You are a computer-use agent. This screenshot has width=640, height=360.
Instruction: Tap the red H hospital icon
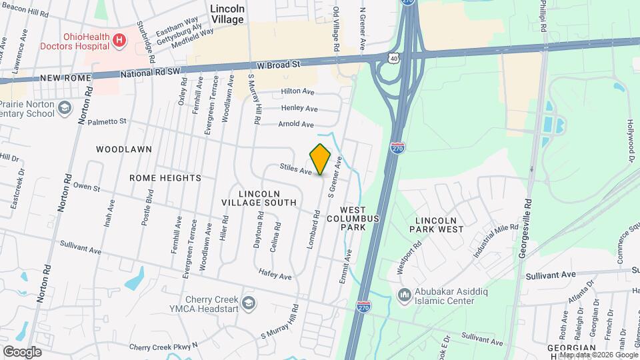tap(119, 41)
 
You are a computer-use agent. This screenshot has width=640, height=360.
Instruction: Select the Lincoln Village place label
tap(227, 14)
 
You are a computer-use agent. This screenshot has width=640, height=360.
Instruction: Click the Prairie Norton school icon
tap(65, 107)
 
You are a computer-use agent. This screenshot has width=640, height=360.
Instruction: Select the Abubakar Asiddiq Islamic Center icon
tap(404, 295)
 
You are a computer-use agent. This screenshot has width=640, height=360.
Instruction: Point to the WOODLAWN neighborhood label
tap(124, 149)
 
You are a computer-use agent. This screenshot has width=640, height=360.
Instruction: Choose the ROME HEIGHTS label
tap(165, 178)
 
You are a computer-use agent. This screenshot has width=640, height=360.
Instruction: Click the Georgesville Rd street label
tap(527, 227)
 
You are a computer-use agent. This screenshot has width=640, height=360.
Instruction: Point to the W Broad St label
tap(279, 65)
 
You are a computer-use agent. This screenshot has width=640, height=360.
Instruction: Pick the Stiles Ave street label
tap(296, 171)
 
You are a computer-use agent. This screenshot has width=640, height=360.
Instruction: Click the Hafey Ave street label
tap(275, 276)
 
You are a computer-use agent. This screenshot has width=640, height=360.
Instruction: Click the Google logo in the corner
tap(22, 351)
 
